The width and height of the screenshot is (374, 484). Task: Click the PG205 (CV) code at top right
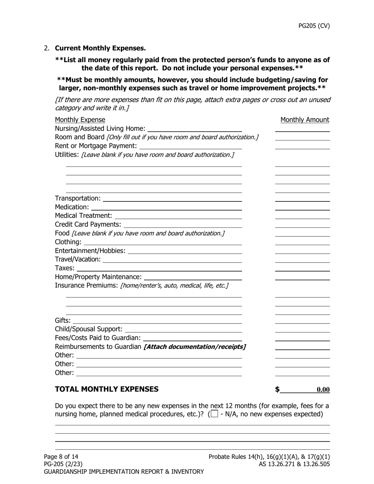[x=314, y=26]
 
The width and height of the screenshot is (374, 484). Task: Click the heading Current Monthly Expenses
[x=100, y=48]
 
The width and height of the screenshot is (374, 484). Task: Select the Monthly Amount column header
[x=305, y=120]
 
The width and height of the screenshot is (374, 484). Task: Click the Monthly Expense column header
[x=80, y=120]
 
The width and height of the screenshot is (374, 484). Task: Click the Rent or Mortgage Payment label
[x=96, y=146]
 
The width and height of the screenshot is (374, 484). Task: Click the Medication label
[x=72, y=207]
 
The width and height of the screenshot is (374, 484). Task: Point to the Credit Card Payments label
[x=88, y=224]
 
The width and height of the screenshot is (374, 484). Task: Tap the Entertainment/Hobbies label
[x=90, y=251]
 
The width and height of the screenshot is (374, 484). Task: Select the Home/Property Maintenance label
[x=98, y=277]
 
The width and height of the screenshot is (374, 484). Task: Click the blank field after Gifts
[x=157, y=320]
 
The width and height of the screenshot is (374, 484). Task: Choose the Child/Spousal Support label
[x=89, y=329]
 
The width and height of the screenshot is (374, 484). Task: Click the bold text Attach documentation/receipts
[x=195, y=347]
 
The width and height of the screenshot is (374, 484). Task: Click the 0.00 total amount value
[x=323, y=390]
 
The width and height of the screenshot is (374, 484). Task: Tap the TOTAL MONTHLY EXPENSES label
[x=107, y=389]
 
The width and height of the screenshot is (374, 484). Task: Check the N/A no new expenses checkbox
[x=215, y=414]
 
